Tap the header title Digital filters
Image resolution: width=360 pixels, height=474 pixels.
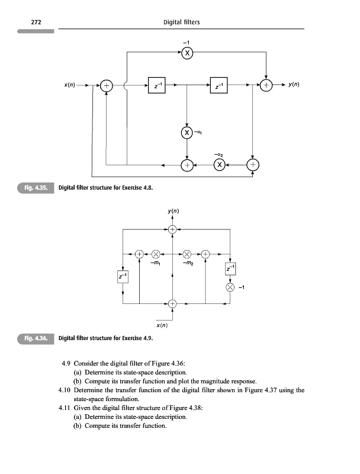[181, 23]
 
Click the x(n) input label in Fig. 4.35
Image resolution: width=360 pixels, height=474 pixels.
[73, 85]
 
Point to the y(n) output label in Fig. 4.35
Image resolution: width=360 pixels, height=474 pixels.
[294, 85]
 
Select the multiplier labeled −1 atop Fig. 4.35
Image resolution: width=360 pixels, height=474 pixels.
[187, 53]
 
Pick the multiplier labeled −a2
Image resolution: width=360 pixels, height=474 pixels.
[219, 165]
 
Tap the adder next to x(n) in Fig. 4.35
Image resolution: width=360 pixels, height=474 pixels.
[107, 86]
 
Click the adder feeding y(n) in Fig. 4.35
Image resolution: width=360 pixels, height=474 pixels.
[267, 86]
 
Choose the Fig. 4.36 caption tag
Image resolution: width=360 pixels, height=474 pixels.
[36, 339]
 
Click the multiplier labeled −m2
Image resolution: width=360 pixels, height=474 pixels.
[188, 254]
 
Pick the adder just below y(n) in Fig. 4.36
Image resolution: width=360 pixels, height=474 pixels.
[172, 229]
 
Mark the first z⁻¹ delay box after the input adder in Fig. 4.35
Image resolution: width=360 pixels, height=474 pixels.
[156, 86]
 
